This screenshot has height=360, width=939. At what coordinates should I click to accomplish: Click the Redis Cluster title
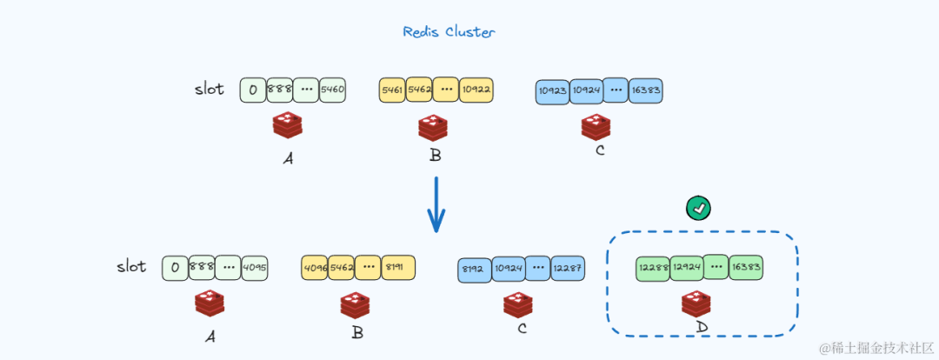[449, 32]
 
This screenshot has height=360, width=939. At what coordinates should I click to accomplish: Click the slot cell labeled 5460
[332, 90]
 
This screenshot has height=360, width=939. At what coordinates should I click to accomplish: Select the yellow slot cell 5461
[392, 90]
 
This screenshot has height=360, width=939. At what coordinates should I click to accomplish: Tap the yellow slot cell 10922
[477, 90]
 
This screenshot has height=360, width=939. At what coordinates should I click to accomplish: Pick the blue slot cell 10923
[552, 90]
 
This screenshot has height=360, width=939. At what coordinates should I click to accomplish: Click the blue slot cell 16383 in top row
[645, 90]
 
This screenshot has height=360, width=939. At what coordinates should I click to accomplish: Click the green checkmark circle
[698, 208]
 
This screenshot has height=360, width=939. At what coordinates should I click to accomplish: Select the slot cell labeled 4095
[254, 267]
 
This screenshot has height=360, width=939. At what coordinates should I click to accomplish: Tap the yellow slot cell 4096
[316, 268]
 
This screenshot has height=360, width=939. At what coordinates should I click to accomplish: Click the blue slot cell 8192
[475, 270]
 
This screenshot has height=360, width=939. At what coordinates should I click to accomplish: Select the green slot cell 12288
[652, 267]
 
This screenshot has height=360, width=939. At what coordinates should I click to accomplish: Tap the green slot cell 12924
[687, 267]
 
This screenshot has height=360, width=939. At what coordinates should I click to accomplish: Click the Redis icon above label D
[696, 303]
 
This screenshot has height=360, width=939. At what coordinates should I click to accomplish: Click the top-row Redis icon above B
[432, 128]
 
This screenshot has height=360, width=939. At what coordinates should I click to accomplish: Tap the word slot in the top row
[209, 89]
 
